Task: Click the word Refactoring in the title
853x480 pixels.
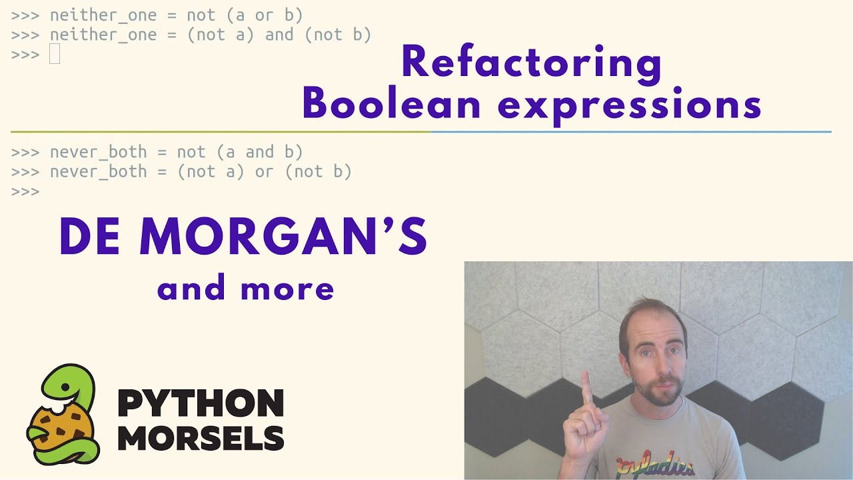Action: point(531,63)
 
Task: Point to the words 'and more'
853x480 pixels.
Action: point(245,289)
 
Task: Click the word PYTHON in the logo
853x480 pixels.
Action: point(201,403)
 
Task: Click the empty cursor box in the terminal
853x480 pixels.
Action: point(55,54)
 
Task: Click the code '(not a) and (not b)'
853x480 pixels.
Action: point(279,35)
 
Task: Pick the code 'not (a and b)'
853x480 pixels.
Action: point(240,152)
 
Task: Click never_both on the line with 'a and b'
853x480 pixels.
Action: point(98,152)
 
